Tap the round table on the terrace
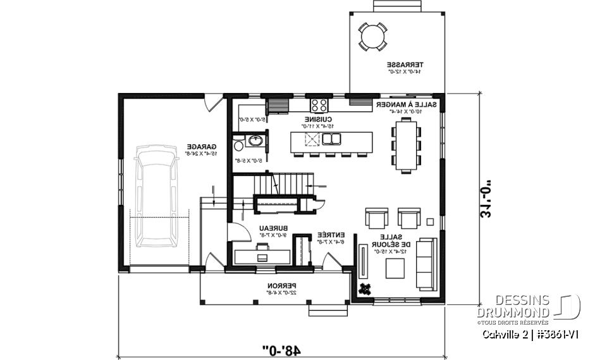(372, 36)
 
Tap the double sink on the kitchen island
(332, 139)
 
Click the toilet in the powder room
(239, 145)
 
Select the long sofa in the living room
(424, 264)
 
